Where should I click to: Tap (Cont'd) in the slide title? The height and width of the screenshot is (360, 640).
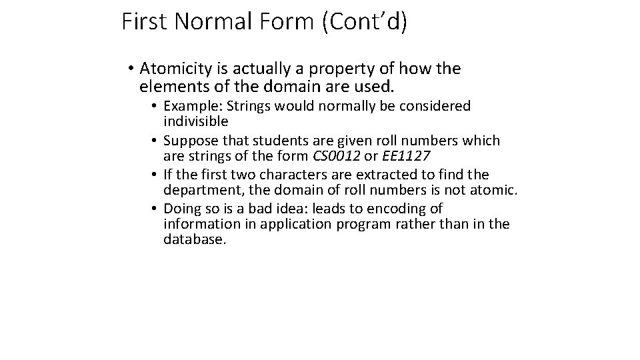point(364,21)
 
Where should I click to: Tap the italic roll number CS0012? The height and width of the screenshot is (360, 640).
point(335,157)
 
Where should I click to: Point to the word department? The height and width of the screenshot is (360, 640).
point(198,191)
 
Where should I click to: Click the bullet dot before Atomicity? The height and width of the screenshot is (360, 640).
point(129,69)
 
